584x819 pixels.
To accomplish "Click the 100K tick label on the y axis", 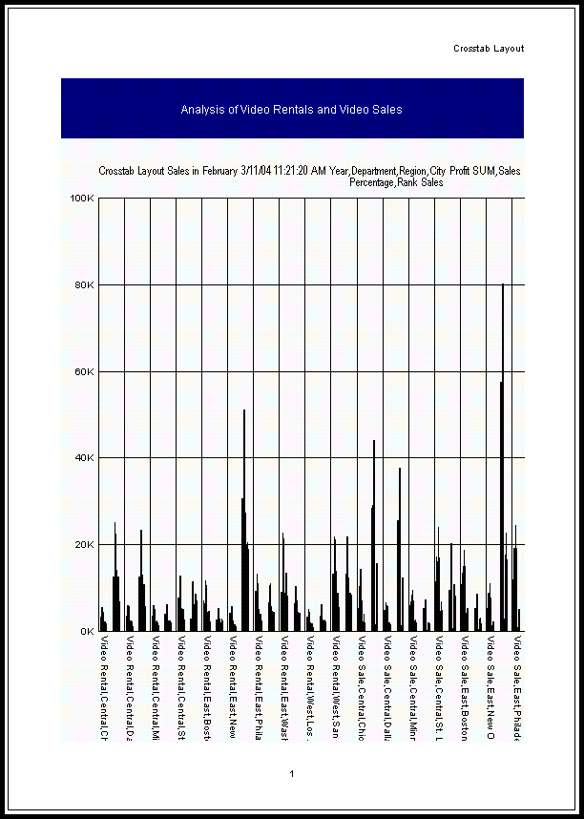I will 81,199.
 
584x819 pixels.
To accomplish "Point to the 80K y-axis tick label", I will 83,285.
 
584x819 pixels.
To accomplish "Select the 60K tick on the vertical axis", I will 83,371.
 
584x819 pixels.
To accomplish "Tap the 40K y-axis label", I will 83,458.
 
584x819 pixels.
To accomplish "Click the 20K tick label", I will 83,545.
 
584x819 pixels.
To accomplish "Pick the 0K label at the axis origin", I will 86,631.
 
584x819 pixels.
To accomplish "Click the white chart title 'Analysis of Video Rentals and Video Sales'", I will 291,110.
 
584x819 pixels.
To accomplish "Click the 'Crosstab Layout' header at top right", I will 488,49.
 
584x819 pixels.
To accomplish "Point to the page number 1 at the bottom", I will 292,774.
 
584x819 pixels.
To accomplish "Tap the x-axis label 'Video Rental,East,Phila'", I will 258,687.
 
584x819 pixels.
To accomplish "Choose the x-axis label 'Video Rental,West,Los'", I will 309,687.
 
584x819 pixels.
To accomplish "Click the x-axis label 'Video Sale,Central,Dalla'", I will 387,687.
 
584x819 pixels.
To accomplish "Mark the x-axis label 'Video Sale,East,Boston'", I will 465,687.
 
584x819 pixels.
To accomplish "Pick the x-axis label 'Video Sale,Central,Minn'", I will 413,687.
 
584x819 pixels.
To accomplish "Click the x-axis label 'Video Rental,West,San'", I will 335,687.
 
